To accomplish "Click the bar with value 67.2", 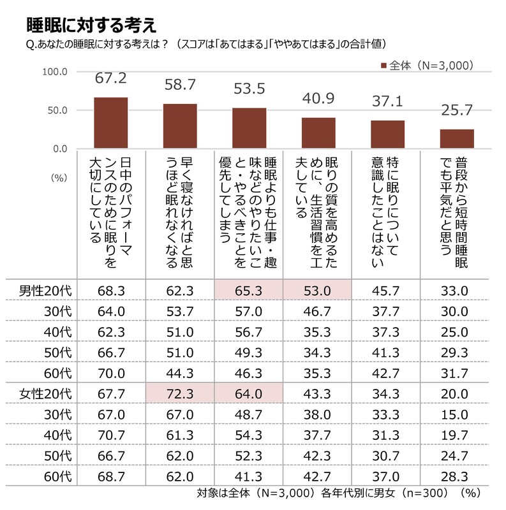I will point(111,123).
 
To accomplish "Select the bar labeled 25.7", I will point(458,139).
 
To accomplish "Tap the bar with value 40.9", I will point(318,133).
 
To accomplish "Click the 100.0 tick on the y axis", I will point(55,71).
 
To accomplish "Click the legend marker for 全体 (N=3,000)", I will point(383,66).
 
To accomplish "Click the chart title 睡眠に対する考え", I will point(91,25).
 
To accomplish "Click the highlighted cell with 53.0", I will point(318,291).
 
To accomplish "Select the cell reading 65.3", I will point(249,291).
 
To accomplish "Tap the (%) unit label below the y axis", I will point(59,179).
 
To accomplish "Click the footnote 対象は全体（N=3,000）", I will point(257,493).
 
